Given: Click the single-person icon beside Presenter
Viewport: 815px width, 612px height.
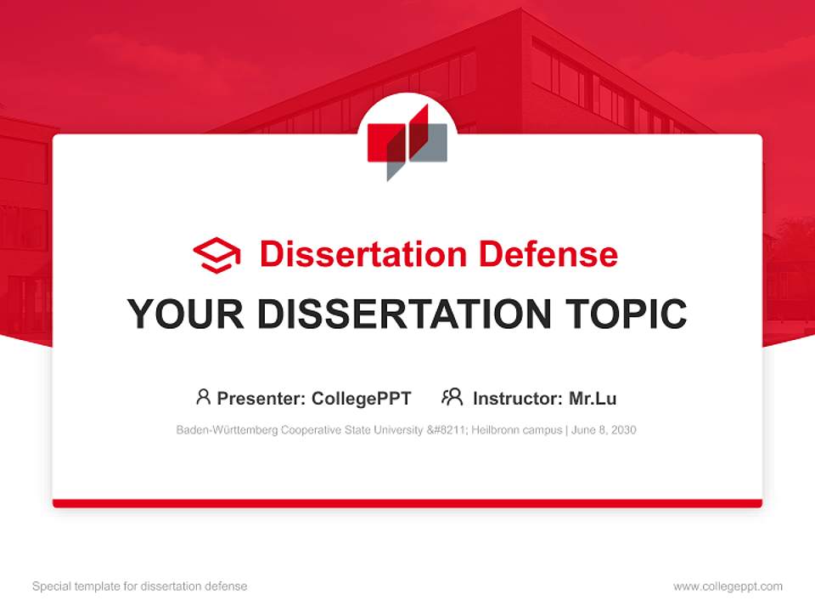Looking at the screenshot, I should point(203,397).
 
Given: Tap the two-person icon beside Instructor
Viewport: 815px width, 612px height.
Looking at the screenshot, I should point(452,397).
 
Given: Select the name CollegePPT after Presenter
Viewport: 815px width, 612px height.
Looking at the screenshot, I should point(361,398).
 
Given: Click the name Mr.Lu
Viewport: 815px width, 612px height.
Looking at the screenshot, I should point(593,398).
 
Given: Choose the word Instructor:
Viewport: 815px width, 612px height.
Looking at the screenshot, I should point(517,398).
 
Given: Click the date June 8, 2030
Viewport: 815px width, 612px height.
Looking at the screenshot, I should point(604,430).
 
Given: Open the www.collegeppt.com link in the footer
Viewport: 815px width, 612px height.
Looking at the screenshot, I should point(728,586).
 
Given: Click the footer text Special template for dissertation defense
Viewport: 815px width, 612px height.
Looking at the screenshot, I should point(139,586).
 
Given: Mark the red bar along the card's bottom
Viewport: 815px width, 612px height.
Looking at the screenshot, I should point(407,503).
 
